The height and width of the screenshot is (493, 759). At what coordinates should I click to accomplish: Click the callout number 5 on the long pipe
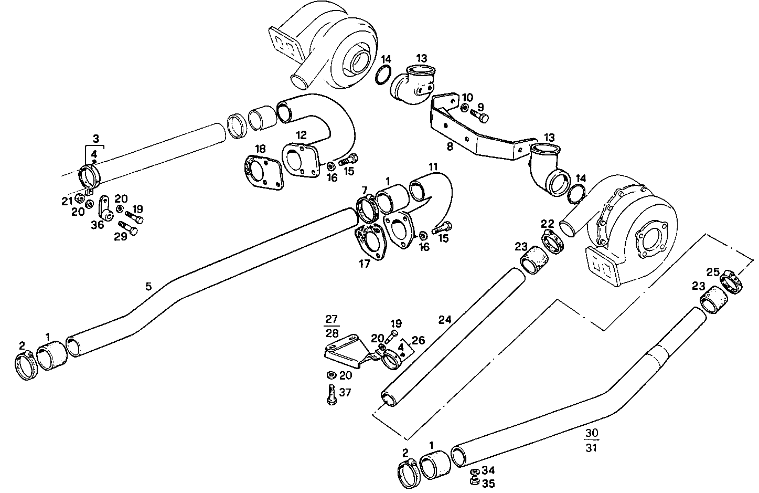tap(148, 286)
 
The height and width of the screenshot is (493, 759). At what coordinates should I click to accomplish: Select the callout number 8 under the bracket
tap(450, 147)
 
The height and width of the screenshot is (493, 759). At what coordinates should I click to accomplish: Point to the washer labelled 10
tap(465, 108)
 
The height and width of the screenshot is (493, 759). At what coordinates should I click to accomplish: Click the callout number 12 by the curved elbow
tap(301, 135)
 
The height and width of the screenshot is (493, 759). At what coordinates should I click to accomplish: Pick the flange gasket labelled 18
tap(263, 172)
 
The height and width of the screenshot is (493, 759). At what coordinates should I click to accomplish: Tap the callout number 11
tap(432, 167)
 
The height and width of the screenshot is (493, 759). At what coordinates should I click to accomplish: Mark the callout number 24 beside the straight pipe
tap(445, 319)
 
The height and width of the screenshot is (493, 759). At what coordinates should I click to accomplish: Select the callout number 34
tap(488, 471)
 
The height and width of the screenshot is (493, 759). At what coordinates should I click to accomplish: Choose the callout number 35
tap(488, 484)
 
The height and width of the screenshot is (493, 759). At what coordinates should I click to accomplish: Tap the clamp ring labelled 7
tap(369, 210)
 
